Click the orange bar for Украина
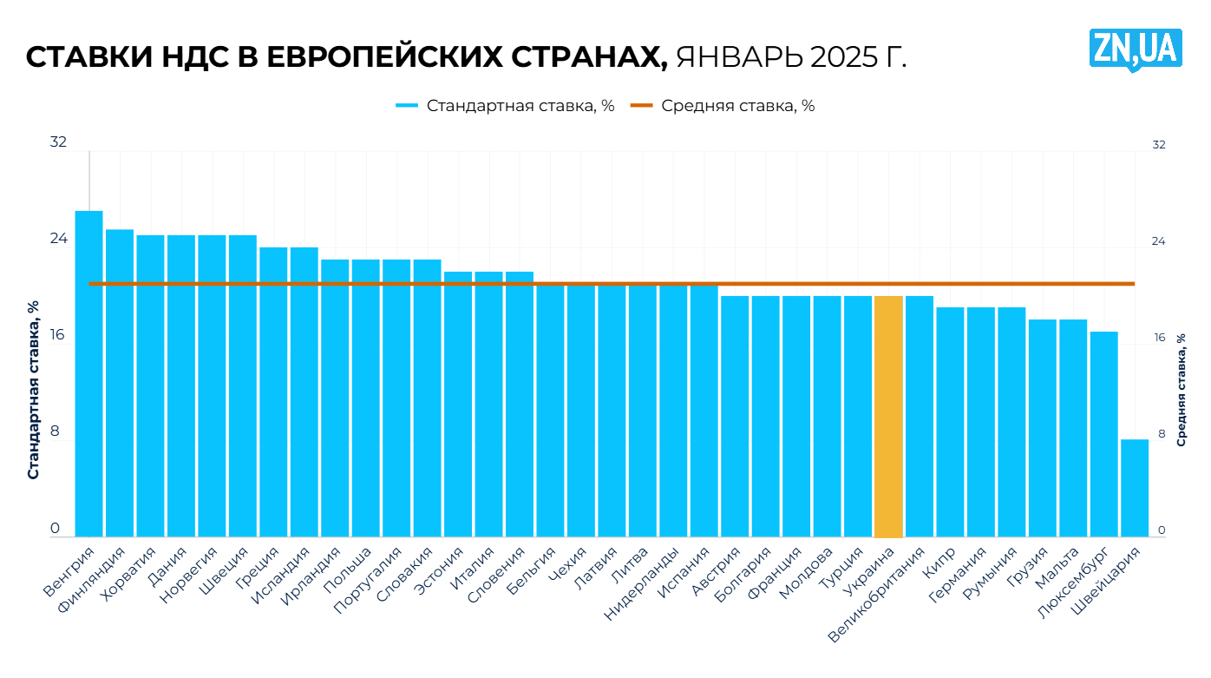point(888,417)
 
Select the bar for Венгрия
point(88,373)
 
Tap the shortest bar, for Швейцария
point(1134,488)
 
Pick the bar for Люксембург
point(1103,434)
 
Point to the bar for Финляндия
point(120,382)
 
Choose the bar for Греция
point(273,391)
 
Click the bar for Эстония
point(458,404)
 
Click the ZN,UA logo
point(1135,49)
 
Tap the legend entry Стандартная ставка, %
point(506,106)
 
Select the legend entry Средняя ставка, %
point(723,106)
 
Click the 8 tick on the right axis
point(1158,433)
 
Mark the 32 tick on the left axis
point(58,142)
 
